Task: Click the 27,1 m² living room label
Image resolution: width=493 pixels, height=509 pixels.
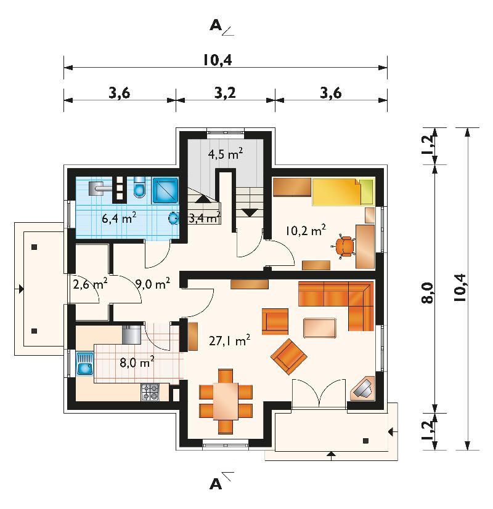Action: click(229, 340)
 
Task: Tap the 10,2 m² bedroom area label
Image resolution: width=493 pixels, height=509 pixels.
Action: click(306, 230)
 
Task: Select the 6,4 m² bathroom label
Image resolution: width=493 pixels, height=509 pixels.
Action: click(119, 218)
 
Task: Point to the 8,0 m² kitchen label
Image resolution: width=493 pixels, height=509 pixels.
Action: click(137, 362)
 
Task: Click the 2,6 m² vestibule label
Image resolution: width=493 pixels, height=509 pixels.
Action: click(90, 284)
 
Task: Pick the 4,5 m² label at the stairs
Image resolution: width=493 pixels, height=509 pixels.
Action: click(226, 153)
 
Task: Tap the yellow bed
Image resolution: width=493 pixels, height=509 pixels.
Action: click(343, 192)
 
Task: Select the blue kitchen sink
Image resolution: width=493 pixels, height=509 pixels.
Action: click(84, 365)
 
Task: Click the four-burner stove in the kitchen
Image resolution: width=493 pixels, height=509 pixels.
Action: click(150, 392)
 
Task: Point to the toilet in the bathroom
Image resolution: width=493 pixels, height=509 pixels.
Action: click(139, 187)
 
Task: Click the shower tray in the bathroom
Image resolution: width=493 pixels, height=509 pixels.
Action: click(165, 191)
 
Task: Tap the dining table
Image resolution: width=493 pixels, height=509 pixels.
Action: click(226, 401)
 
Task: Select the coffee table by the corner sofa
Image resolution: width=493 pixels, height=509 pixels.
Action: click(320, 328)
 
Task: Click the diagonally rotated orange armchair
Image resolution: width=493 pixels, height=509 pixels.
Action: click(289, 356)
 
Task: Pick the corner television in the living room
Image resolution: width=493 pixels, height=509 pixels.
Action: click(362, 388)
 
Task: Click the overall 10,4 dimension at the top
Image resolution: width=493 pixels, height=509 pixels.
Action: click(218, 60)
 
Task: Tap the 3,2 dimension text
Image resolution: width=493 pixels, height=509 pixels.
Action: click(225, 93)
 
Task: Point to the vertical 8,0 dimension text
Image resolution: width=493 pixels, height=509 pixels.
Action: click(427, 293)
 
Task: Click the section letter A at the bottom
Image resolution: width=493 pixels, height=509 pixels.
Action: click(216, 484)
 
